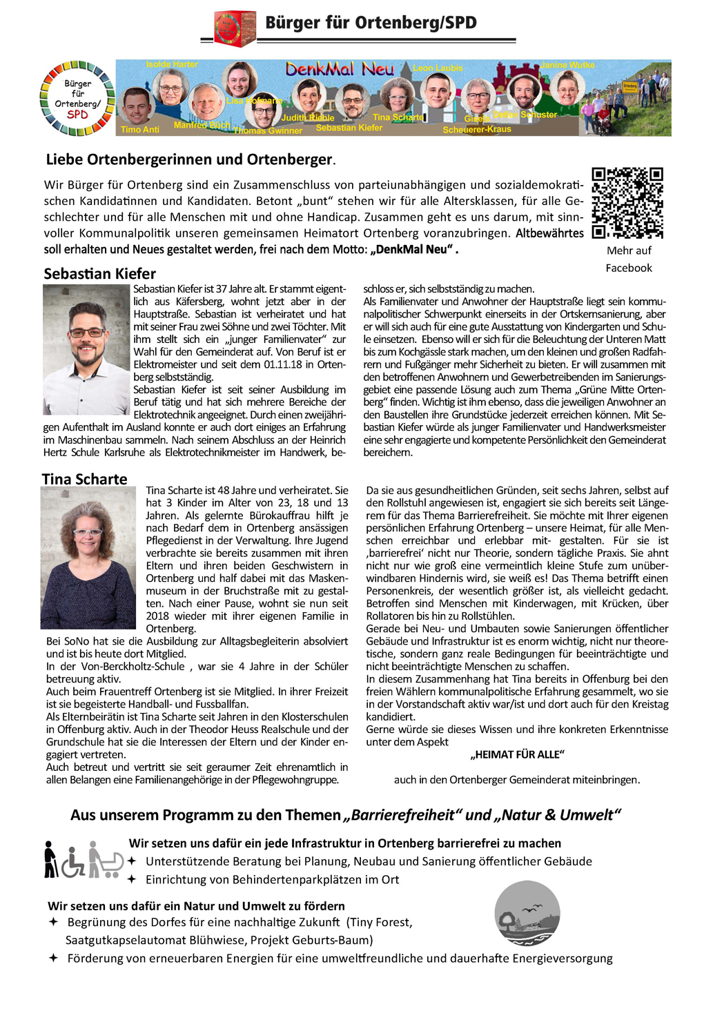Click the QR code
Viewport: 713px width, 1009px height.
pos(627,203)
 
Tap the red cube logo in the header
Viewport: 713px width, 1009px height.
pos(235,28)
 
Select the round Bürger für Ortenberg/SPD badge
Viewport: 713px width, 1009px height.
pos(77,99)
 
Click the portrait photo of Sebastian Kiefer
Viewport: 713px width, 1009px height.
pos(86,349)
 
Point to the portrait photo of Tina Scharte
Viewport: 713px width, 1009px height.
pos(88,558)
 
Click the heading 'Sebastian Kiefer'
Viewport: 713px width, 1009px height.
pos(100,273)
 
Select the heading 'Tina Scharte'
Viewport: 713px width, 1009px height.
pos(85,479)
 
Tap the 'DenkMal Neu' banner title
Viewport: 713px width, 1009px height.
pos(340,69)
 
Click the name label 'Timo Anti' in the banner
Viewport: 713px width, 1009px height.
pos(140,129)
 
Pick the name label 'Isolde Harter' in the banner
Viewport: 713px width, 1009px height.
pos(172,64)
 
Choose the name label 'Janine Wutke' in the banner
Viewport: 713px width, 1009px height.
pos(567,65)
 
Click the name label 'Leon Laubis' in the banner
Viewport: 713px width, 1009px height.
pos(438,68)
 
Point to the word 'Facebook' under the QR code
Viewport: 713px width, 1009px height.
pos(629,268)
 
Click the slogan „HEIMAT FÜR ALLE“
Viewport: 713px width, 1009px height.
pos(517,754)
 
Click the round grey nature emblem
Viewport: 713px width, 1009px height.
pos(527,913)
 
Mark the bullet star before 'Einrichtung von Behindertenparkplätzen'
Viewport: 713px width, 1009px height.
pos(132,879)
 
